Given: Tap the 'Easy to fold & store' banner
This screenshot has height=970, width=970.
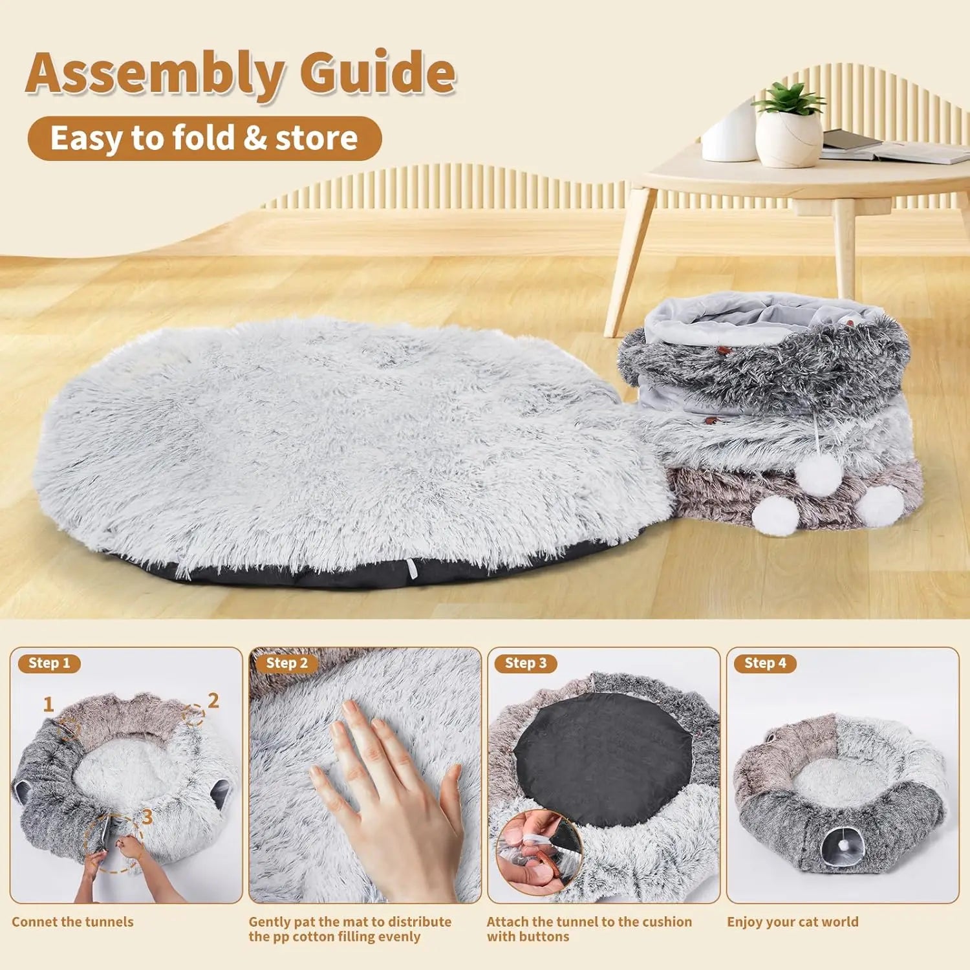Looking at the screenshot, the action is click(x=204, y=138).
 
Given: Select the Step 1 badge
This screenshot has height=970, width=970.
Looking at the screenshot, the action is click(x=49, y=663).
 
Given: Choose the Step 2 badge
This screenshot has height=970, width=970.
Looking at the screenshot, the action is click(x=287, y=663).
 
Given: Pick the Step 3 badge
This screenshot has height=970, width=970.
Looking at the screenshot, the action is click(x=526, y=663).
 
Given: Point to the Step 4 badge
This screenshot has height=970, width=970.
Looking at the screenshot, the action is click(x=765, y=663).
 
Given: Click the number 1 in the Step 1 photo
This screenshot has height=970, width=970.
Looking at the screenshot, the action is click(x=48, y=704).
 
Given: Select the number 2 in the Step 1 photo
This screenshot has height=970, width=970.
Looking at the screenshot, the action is click(x=213, y=700).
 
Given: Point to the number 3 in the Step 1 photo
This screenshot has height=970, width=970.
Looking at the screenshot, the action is click(x=147, y=817).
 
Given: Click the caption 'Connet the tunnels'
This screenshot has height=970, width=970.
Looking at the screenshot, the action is click(x=72, y=922).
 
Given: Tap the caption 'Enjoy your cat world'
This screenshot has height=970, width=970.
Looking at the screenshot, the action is click(x=793, y=922).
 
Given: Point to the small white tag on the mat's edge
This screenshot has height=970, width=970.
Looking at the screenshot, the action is click(x=412, y=566).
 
